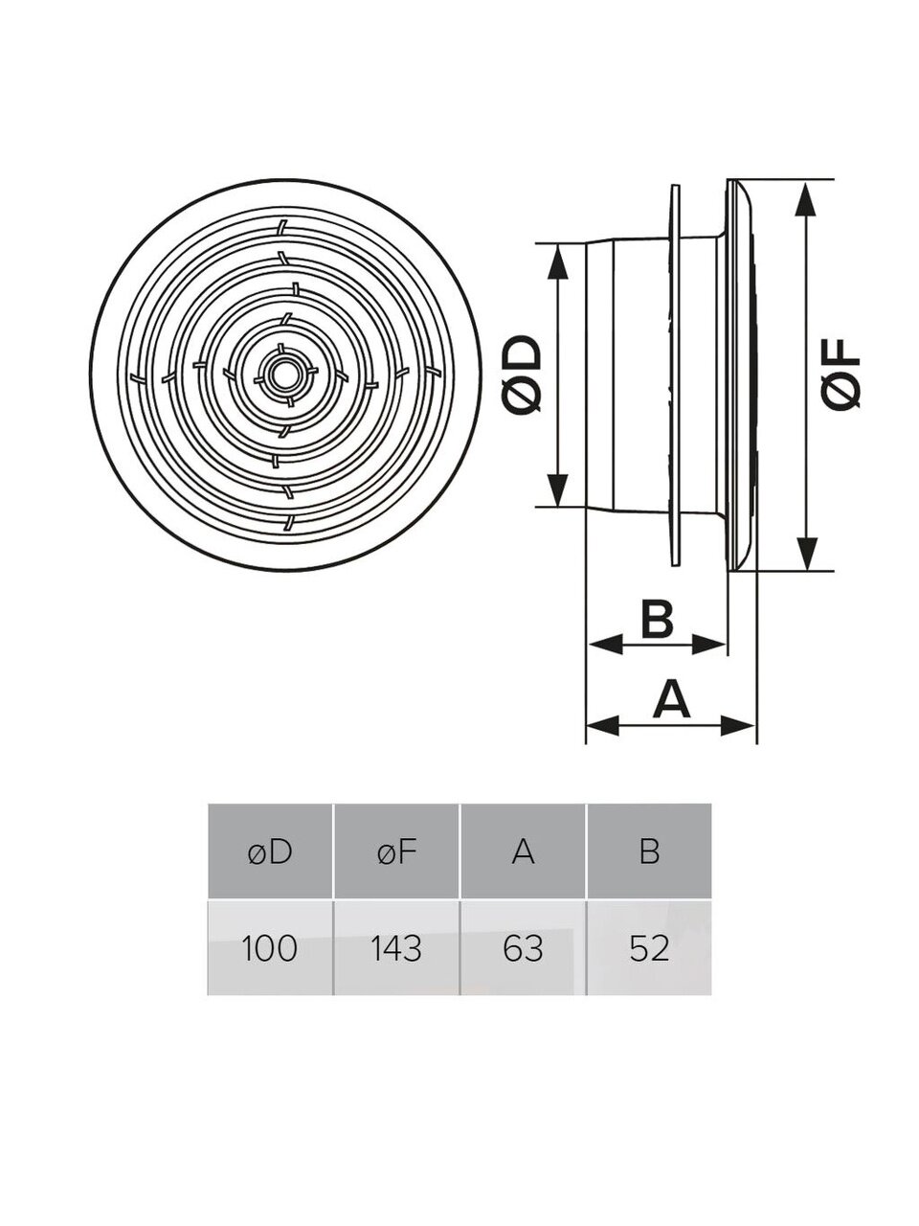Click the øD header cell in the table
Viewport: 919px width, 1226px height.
(269, 851)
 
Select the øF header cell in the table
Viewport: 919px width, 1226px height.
(396, 851)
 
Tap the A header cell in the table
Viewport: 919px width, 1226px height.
(523, 851)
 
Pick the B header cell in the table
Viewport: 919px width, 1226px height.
(649, 851)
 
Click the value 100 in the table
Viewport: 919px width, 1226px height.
(269, 948)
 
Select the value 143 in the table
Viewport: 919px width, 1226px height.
(396, 948)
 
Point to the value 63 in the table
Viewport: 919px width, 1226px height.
(523, 948)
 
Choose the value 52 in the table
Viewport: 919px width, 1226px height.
(649, 948)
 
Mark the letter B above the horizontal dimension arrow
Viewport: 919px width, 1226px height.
(657, 619)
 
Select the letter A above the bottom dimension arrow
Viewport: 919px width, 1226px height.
(671, 698)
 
